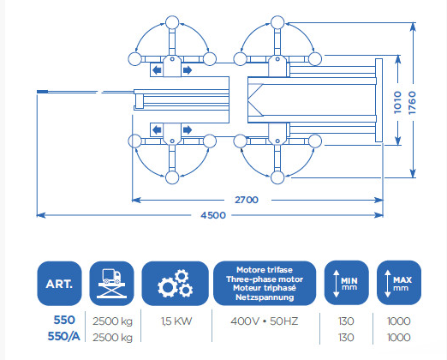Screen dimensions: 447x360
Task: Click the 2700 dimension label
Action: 247,200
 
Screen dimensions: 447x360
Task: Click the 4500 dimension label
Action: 213,215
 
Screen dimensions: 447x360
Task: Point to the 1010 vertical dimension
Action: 397,102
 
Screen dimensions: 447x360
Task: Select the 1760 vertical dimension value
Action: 412,103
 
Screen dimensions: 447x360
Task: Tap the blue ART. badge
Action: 59,284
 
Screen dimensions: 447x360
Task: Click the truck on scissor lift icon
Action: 111,284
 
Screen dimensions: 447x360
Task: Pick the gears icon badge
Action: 175,284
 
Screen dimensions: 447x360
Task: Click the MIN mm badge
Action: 346,283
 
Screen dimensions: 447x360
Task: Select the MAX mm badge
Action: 399,283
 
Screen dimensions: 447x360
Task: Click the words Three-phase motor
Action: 265,279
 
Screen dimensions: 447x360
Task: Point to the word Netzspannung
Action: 265,297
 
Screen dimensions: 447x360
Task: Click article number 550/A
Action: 63,337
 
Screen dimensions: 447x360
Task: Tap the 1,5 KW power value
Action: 176,321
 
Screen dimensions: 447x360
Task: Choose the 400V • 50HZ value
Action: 265,321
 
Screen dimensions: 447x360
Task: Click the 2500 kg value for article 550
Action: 112,321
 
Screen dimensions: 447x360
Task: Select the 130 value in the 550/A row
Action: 346,338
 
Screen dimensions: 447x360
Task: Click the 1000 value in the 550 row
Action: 398,321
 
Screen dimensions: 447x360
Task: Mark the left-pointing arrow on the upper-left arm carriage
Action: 157,70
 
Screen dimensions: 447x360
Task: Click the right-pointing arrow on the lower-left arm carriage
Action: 188,130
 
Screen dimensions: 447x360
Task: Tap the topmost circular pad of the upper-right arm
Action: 277,22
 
